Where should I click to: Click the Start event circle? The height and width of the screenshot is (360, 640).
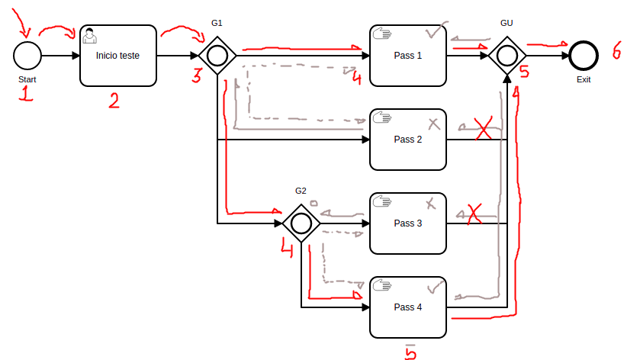click(27, 56)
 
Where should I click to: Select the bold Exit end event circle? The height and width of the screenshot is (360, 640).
click(584, 56)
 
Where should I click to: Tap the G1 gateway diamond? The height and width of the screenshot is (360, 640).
click(217, 56)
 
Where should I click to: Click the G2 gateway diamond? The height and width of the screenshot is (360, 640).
click(301, 223)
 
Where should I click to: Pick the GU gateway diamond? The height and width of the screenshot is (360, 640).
click(507, 56)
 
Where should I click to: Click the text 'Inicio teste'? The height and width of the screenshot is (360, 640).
click(117, 56)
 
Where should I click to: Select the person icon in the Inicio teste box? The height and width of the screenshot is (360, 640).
click(90, 34)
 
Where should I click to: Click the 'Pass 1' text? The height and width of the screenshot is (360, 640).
click(407, 56)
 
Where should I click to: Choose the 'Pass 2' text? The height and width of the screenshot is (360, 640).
click(407, 140)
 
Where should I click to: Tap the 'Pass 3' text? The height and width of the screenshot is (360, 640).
click(407, 223)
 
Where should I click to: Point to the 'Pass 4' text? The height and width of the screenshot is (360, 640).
click(407, 307)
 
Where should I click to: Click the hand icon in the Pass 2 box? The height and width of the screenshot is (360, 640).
click(381, 117)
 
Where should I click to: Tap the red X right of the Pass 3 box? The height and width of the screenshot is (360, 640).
click(474, 214)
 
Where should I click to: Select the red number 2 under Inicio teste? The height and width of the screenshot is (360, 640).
click(114, 100)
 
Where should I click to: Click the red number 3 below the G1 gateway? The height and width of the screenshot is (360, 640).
click(197, 76)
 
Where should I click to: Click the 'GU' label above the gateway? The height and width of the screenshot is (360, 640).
click(507, 23)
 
